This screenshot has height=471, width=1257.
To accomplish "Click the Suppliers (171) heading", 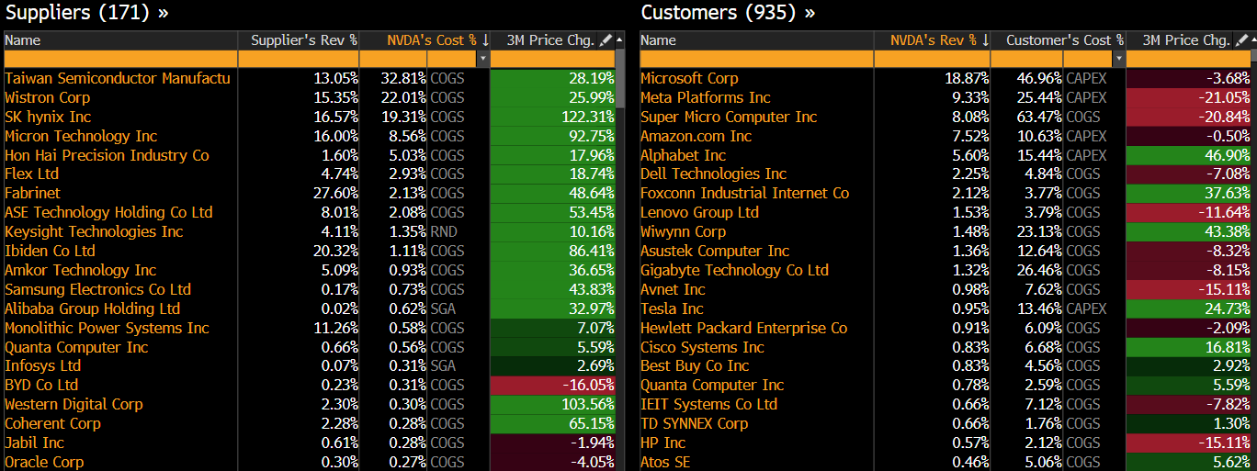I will [87, 13].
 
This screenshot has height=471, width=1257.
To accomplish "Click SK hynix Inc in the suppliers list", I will [48, 117].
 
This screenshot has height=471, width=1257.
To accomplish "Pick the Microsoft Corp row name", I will [689, 78].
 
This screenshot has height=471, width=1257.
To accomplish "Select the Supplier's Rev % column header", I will [303, 40].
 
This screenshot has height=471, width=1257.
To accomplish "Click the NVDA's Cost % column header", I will [419, 40].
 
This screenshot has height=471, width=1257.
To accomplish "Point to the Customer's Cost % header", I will [1064, 40].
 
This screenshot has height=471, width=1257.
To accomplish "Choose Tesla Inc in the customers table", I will [672, 308].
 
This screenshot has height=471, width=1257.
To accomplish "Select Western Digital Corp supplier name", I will [74, 404].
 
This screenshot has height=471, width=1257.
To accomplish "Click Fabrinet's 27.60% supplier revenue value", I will [335, 193].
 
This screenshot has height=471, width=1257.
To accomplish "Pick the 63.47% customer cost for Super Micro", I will [1039, 117].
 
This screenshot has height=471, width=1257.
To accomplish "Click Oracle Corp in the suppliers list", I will [44, 462].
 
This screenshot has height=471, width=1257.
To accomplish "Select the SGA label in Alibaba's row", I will [443, 308].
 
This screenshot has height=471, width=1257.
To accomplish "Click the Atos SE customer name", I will [665, 462].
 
